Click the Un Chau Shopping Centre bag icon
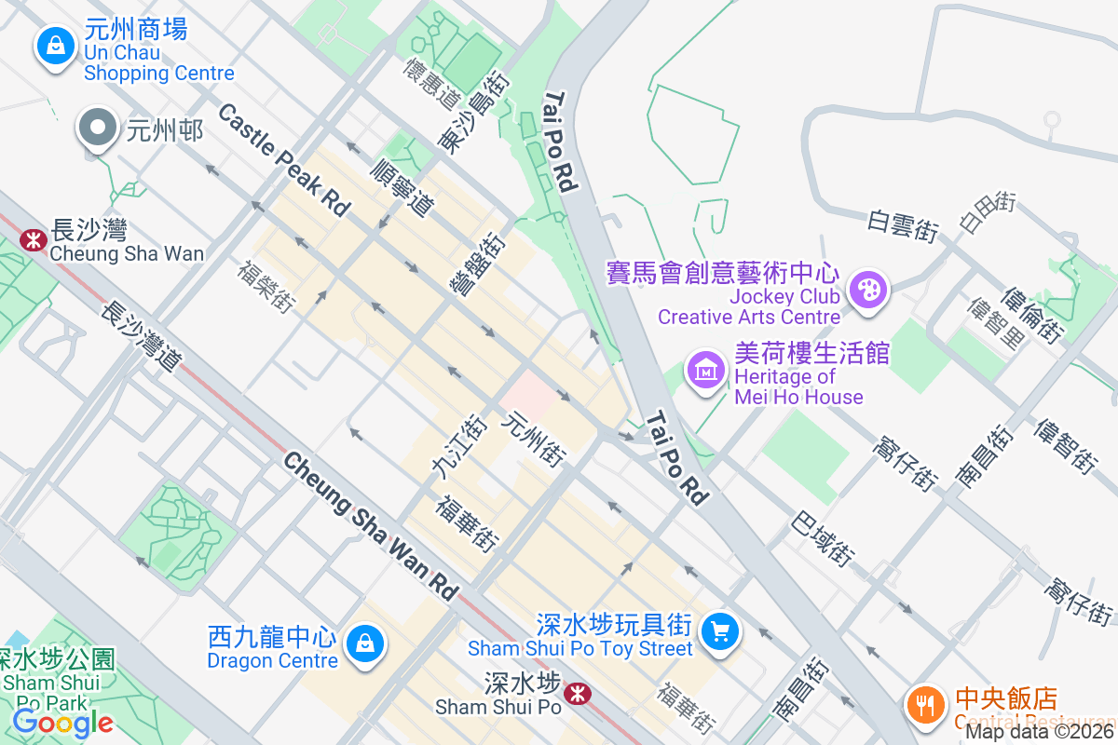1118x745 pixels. (56, 43)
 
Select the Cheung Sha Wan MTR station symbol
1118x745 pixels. (34, 240)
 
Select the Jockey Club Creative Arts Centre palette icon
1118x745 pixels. (868, 289)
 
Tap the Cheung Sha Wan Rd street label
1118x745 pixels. (373, 526)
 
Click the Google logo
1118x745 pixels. (63, 722)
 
